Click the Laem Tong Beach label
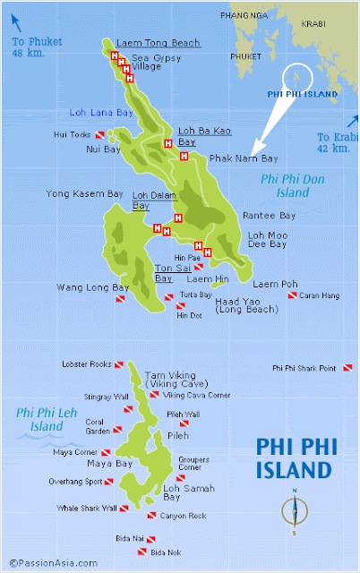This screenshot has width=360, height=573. click(158, 42)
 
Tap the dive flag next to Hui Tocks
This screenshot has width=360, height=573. click(111, 136)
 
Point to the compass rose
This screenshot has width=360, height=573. click(293, 511)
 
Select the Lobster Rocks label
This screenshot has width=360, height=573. click(86, 364)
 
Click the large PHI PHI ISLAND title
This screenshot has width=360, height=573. click(295, 458)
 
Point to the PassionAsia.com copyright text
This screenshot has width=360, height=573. click(51, 562)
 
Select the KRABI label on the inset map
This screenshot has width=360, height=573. click(313, 25)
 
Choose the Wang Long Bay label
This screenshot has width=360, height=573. click(93, 287)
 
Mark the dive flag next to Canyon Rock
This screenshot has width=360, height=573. click(152, 516)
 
